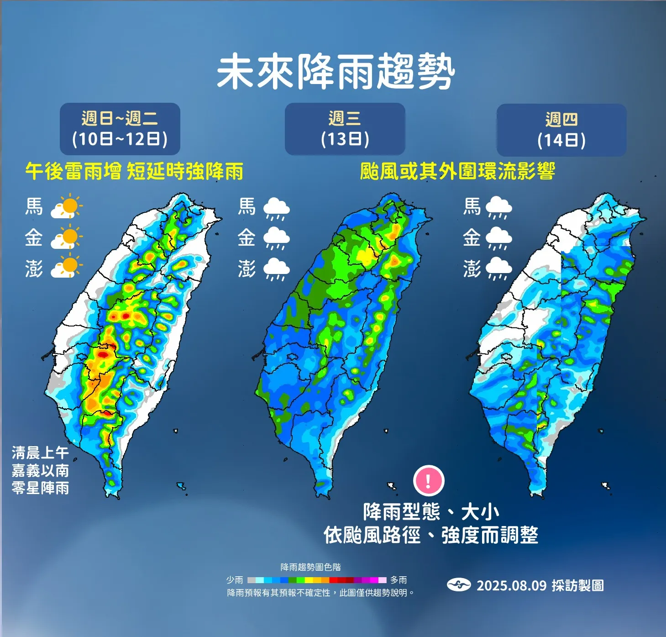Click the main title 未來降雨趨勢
point(336,72)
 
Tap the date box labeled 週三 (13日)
point(345,129)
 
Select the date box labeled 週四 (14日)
point(561,130)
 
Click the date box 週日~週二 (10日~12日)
point(120,129)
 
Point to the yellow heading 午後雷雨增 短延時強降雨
point(134,172)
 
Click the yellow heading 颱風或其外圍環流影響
point(457,172)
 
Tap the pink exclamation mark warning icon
point(428,480)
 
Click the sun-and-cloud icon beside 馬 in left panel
point(67,207)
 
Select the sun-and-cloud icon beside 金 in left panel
point(67,238)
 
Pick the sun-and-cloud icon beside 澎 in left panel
point(67,268)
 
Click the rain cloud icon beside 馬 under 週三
point(276,208)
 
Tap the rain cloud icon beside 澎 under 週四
point(499,269)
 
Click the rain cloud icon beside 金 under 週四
point(499,238)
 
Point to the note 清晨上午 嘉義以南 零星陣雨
point(40,470)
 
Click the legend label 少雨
point(235,580)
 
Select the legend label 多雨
point(399,580)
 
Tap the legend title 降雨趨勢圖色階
point(310,567)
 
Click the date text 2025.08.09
point(511,585)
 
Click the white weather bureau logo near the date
point(458,585)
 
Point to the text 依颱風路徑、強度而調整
point(431,535)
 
